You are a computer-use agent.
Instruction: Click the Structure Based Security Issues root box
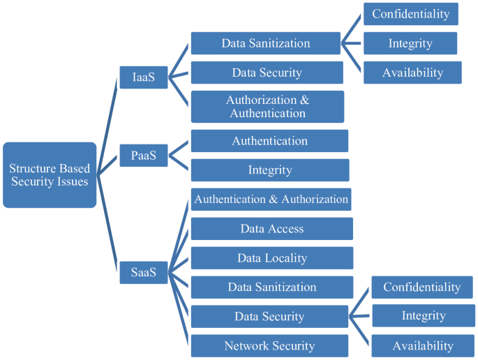click(50, 175)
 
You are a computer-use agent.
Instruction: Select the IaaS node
click(143, 77)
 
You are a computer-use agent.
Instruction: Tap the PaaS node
click(143, 155)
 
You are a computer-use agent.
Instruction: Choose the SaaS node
click(143, 272)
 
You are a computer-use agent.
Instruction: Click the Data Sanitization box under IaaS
click(265, 43)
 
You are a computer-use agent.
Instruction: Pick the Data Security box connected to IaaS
click(267, 73)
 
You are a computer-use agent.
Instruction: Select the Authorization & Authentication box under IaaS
click(267, 106)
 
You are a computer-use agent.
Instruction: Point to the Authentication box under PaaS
click(269, 141)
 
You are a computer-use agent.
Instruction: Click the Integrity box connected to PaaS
click(269, 170)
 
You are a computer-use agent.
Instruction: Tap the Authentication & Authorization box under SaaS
click(271, 200)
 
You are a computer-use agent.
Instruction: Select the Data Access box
click(271, 229)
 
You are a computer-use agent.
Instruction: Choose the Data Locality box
click(271, 258)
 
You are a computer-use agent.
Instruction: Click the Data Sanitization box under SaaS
click(271, 287)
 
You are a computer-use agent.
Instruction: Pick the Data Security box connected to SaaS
click(269, 317)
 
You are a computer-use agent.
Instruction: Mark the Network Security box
click(269, 346)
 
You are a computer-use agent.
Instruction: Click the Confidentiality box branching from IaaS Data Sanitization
click(410, 14)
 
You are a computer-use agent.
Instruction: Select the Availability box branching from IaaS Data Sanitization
click(412, 73)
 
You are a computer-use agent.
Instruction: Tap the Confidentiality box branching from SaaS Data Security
click(421, 287)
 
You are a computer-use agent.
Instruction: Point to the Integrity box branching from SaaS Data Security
click(423, 315)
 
